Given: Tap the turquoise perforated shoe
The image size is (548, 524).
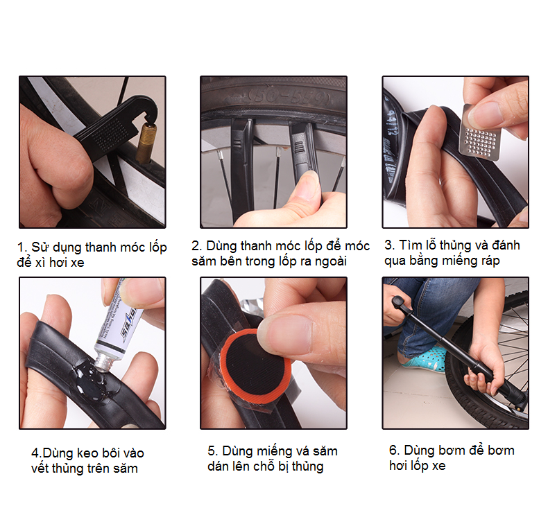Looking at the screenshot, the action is pyautogui.click(x=426, y=360).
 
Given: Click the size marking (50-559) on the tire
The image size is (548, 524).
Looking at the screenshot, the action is pyautogui.click(x=289, y=98).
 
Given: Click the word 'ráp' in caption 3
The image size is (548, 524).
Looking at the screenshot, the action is pyautogui.click(x=490, y=261).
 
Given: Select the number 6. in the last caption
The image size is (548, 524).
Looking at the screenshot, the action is pyautogui.click(x=394, y=451).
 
